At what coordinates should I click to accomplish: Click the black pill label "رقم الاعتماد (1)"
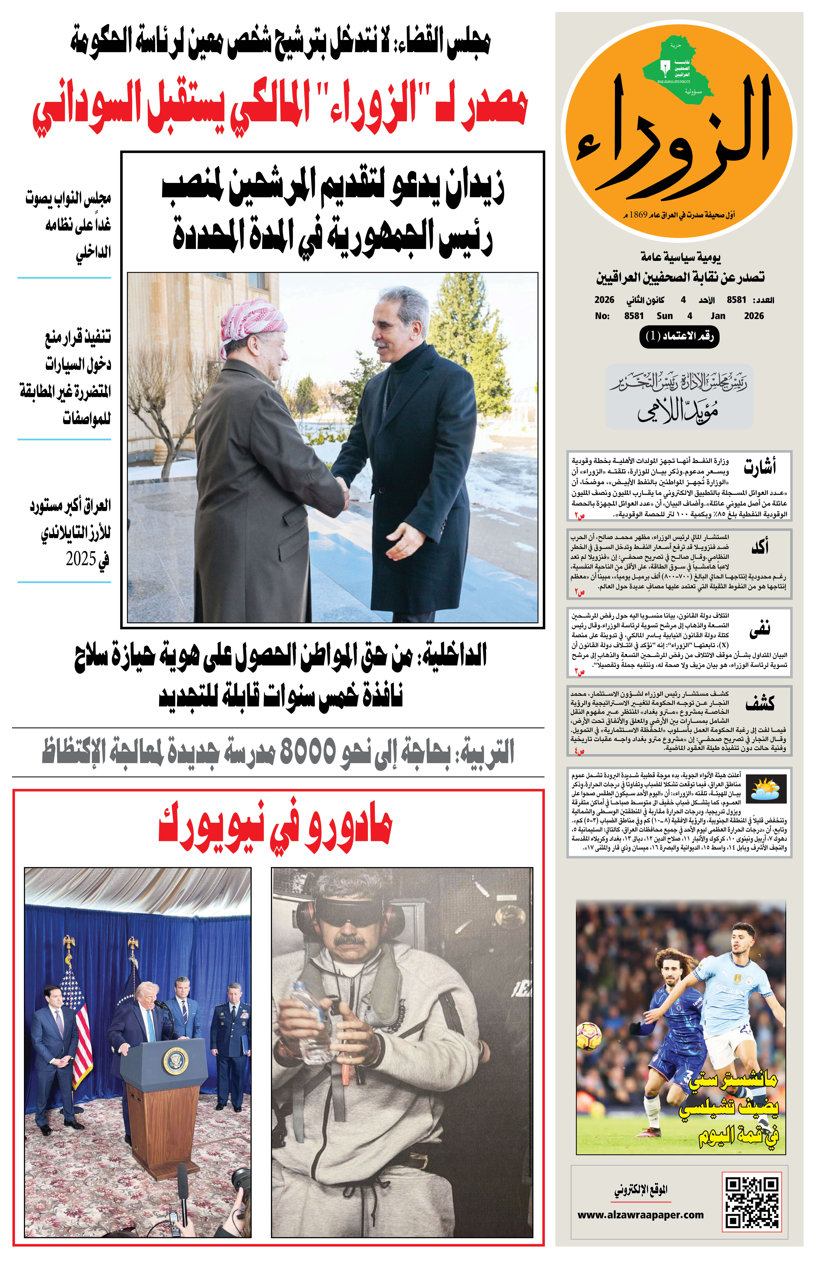680,336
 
